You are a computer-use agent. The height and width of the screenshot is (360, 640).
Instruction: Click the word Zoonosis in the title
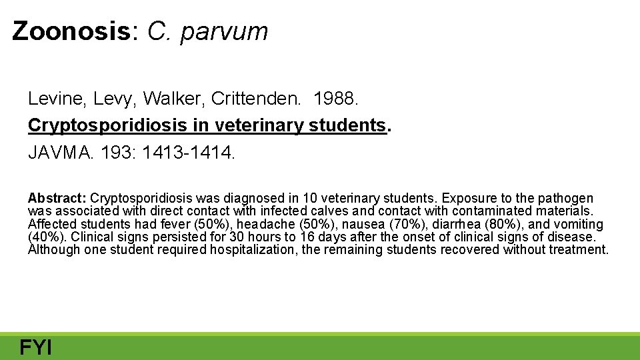point(73,31)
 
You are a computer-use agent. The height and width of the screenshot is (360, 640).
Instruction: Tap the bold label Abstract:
point(57,198)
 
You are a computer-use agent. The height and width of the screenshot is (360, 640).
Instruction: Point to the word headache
point(265,224)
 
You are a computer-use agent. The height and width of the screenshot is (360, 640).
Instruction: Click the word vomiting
point(579,224)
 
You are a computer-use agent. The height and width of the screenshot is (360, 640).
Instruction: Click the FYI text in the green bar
point(36,347)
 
